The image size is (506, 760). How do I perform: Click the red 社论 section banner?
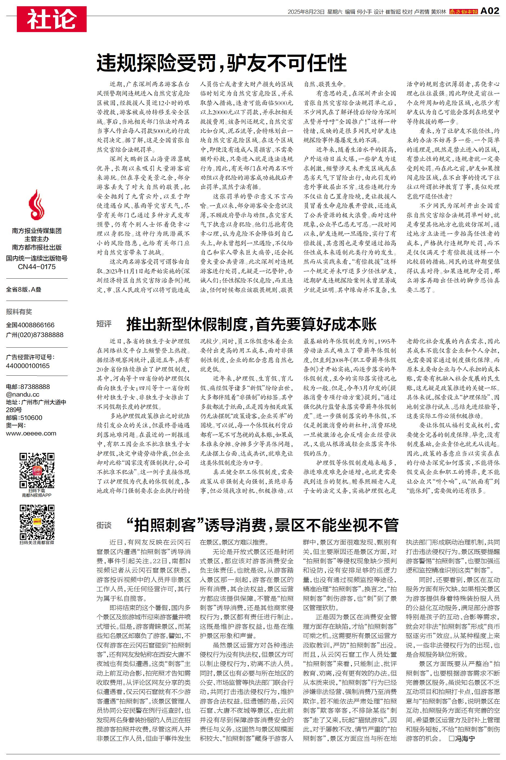52,19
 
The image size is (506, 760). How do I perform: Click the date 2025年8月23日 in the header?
306,12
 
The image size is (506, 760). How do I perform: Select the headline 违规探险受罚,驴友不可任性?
222,63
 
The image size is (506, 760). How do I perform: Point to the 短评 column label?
104,324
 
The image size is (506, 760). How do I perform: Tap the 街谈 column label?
104,525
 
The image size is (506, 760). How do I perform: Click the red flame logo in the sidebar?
36,204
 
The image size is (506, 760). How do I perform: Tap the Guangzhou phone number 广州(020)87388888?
35,335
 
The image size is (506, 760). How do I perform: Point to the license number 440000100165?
28,366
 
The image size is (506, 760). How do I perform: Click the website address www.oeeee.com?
31,433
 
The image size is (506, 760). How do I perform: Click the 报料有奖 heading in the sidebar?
19,312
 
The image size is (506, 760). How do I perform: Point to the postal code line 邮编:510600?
24,418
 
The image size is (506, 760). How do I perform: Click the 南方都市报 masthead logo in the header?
463,12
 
